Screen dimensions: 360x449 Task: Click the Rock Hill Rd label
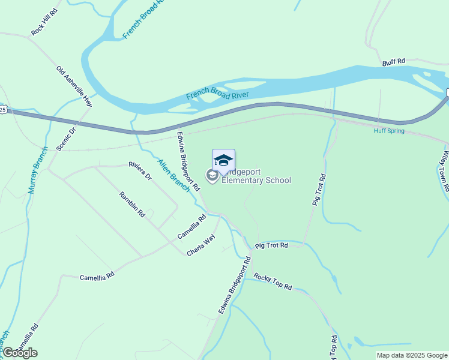44,23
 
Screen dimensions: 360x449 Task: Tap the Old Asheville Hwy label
75,87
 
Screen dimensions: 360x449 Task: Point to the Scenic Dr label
66,138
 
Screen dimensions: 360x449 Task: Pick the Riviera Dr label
140,171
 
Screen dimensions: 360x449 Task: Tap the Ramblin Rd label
132,204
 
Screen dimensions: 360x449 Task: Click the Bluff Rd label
394,61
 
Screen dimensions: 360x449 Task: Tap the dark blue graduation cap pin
223,161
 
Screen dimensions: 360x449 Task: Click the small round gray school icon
211,175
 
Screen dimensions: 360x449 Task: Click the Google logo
20,353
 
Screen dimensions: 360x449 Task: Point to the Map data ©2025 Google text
412,355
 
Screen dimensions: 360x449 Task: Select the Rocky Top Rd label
273,281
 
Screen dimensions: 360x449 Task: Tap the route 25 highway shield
3,109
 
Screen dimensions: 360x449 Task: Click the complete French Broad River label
217,93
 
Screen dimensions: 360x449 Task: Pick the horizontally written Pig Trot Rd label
271,245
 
